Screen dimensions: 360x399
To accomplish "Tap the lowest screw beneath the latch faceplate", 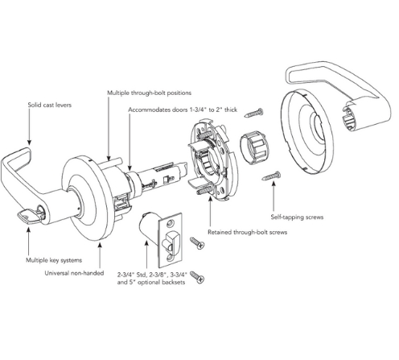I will (x=197, y=278).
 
